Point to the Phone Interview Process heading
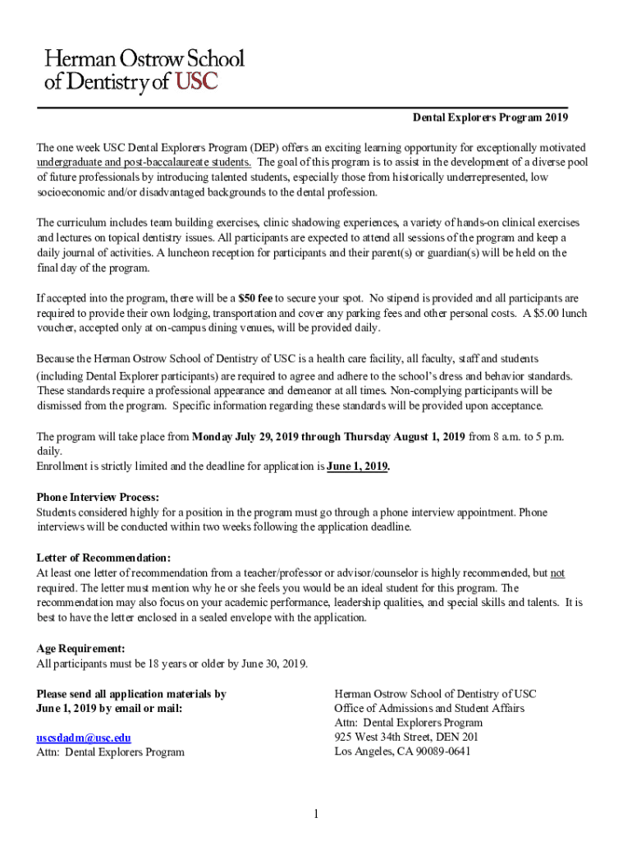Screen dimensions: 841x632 98,498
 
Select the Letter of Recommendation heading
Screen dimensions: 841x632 104,558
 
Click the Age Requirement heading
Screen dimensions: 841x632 81,649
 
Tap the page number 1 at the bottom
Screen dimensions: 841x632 315,814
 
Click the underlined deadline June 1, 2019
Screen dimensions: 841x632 358,466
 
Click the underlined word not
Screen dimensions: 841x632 557,573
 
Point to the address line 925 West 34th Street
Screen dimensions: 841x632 406,737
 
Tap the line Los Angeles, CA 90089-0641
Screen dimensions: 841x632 402,751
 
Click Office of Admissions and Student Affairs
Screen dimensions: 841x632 428,708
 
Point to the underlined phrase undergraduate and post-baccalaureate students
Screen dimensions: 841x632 144,162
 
